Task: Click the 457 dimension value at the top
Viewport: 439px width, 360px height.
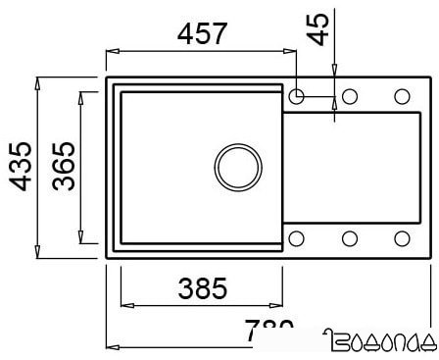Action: (202, 33)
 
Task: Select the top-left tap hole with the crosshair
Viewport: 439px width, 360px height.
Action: (298, 96)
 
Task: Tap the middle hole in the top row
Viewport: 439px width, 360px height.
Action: (350, 96)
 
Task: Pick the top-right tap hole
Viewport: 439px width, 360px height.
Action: (402, 96)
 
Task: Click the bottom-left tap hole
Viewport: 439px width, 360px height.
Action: (298, 237)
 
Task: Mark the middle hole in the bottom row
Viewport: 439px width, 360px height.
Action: (350, 237)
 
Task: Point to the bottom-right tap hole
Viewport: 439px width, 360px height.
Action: (402, 237)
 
